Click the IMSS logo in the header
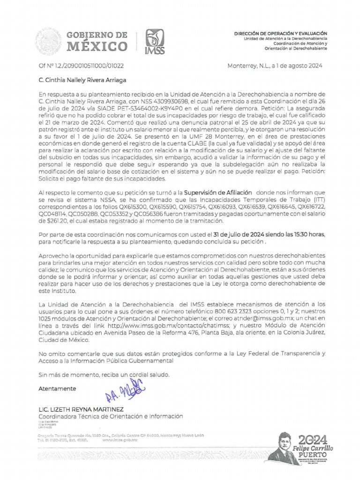tap(155, 42)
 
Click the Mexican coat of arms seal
tap(48, 41)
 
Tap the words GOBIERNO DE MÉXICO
tap(97, 41)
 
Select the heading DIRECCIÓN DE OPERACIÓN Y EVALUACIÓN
tap(281, 34)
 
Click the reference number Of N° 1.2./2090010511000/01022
tap(81, 66)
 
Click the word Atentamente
tap(57, 389)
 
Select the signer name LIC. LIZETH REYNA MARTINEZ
tap(81, 409)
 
